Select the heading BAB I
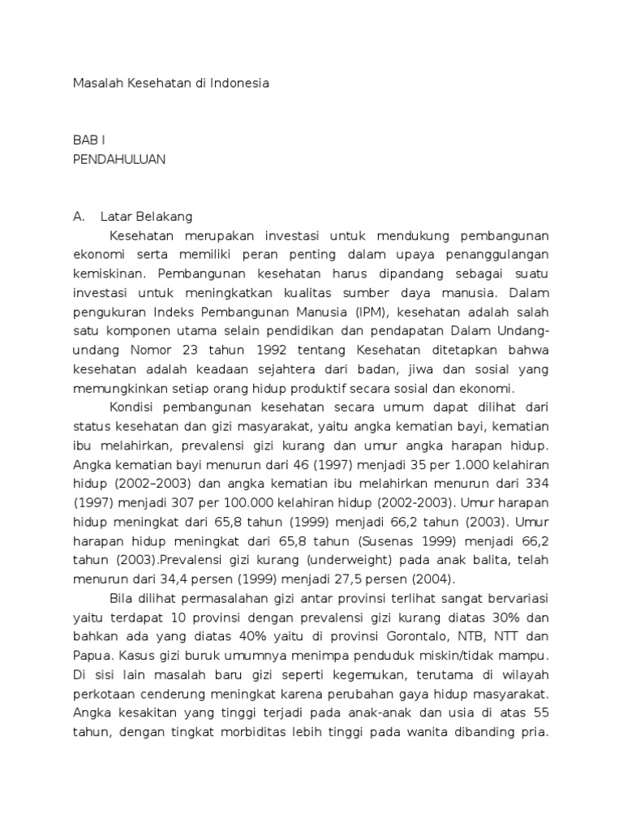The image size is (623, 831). (89, 141)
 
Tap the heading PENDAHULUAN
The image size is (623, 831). (119, 159)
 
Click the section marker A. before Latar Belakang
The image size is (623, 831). (79, 217)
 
